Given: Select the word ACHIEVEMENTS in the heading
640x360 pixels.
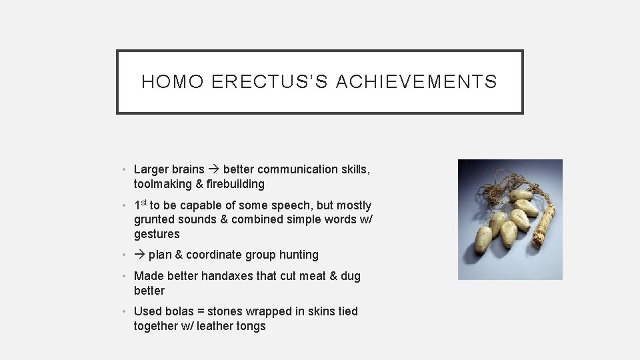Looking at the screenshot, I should [x=417, y=82].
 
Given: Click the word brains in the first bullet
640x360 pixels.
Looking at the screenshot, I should [x=188, y=169].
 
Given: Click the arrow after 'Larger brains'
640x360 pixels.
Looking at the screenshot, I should [x=215, y=169].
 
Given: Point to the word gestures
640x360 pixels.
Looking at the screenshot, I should [x=157, y=235].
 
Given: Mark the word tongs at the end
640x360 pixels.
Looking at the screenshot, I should [x=251, y=326].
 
